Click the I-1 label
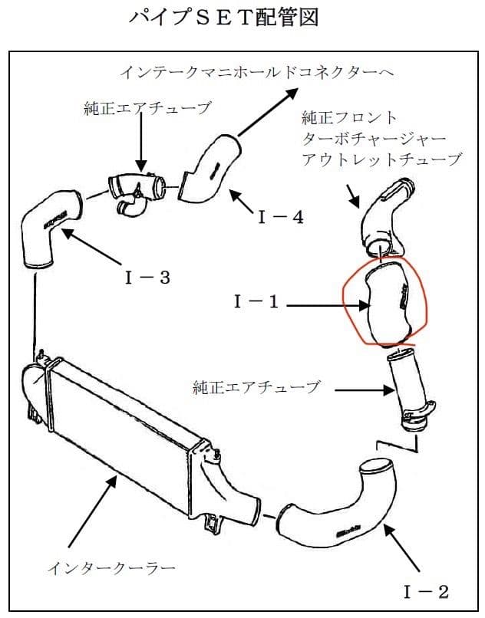tap(257, 303)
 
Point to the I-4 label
tap(280, 217)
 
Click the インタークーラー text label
tap(111, 568)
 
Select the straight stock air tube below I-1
tap(408, 391)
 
